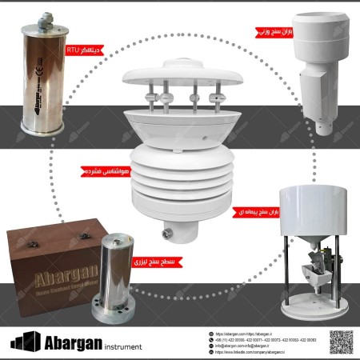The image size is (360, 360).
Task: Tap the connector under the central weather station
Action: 167,234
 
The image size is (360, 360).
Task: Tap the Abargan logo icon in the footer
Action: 24,341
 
